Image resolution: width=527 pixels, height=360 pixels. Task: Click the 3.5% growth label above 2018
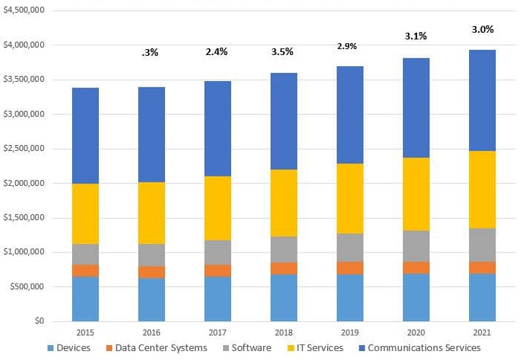(283, 52)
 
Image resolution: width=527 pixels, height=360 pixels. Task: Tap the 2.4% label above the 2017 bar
(217, 52)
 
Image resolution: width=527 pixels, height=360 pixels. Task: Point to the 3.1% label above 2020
(416, 36)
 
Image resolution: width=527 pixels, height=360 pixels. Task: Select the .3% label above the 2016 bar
(150, 53)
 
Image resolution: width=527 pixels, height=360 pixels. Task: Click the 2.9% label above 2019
(346, 46)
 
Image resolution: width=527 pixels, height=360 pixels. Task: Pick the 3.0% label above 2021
(482, 29)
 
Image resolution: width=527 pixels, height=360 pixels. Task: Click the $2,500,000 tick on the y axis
(23, 149)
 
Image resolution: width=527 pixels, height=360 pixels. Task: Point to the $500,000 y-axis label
(26, 286)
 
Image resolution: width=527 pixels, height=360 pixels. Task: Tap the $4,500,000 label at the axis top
(23, 10)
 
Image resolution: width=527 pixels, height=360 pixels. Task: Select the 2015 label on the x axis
(85, 332)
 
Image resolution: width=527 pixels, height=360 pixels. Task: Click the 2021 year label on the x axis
(482, 332)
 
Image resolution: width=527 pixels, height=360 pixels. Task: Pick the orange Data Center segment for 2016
(151, 272)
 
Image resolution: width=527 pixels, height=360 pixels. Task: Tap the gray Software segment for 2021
(482, 245)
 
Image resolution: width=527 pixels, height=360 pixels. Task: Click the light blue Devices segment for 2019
(349, 298)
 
